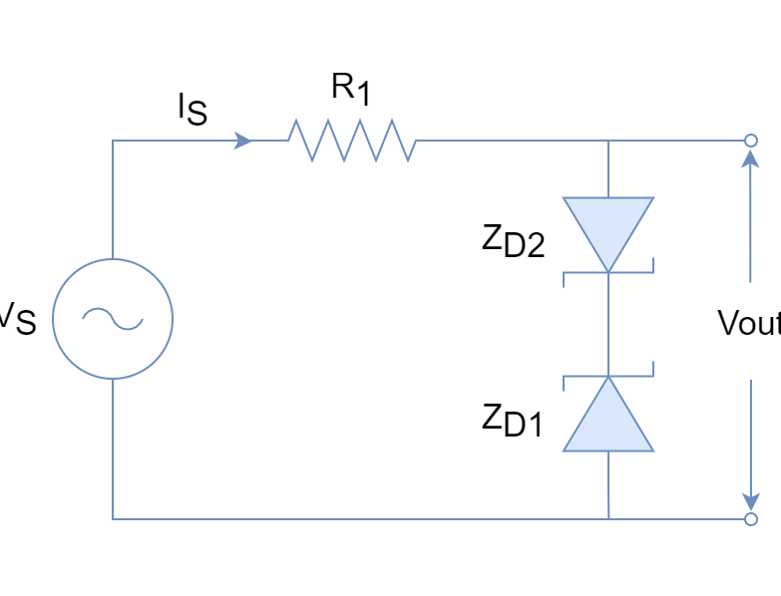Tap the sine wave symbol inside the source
point(113,318)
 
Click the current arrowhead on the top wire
point(243,141)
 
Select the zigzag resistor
point(351,141)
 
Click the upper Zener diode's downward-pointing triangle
point(608,224)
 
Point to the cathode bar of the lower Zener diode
point(608,377)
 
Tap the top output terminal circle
point(751,141)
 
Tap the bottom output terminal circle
point(751,519)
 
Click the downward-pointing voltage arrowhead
point(751,499)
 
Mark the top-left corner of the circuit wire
point(113,141)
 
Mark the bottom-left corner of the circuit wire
point(113,519)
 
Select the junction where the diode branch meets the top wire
point(608,141)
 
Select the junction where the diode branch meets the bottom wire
point(608,519)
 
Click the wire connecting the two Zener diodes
point(608,324)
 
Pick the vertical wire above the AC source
point(113,199)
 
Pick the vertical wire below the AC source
point(113,448)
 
